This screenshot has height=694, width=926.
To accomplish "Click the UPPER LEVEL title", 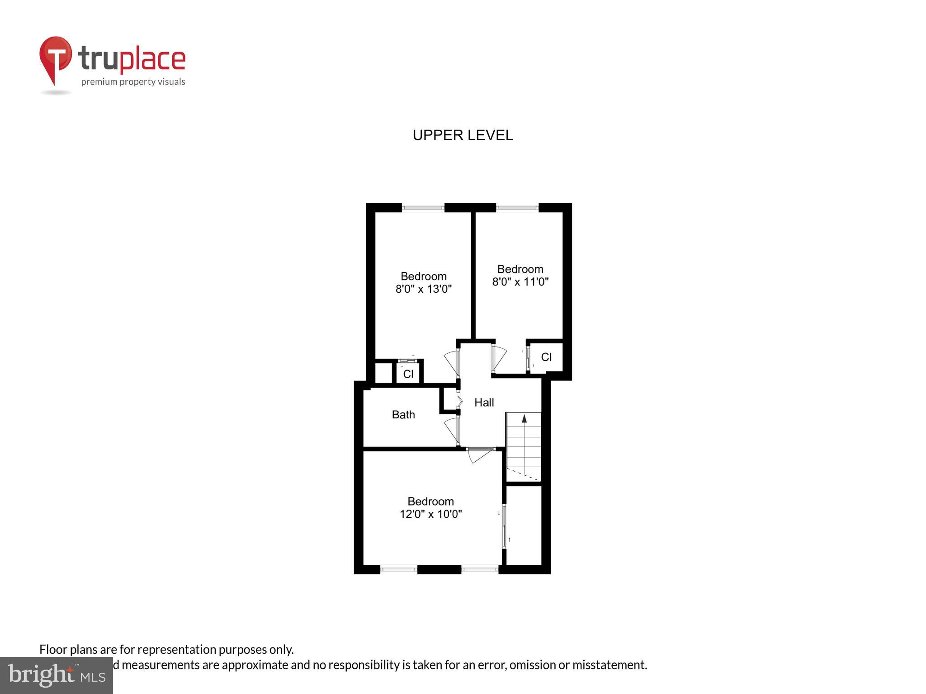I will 463,135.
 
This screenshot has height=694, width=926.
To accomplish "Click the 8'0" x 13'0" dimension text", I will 424,289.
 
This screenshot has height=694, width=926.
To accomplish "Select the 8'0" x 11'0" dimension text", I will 520,282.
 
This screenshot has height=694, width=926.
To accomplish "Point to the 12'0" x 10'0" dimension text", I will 430,514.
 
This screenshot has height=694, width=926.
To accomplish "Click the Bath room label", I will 403,415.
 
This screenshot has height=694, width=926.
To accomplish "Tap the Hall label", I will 484,403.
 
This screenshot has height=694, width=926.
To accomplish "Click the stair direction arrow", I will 524,419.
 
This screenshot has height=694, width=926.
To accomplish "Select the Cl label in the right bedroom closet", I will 546,357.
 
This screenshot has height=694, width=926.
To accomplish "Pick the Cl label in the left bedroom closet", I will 408,374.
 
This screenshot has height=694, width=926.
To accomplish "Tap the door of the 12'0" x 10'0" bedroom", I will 479,455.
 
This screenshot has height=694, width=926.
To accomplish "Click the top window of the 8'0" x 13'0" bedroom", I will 423,208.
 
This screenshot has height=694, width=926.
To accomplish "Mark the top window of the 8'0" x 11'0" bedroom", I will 517,208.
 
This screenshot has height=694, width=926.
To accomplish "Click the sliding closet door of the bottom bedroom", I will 505,526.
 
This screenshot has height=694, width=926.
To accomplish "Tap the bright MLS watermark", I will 57,675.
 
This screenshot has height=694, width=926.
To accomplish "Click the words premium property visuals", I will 133,82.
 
